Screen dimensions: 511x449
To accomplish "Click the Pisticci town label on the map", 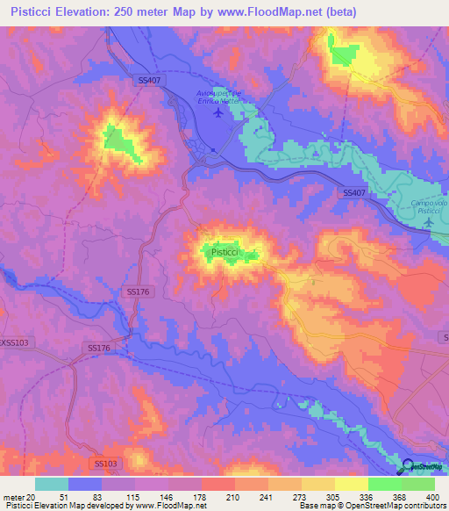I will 224,252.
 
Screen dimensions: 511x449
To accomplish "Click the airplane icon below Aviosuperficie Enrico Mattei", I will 217,117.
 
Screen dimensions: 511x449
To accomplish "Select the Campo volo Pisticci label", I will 430,208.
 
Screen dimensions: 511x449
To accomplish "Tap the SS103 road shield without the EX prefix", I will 104,462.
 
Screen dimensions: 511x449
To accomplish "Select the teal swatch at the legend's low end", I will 52,483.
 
